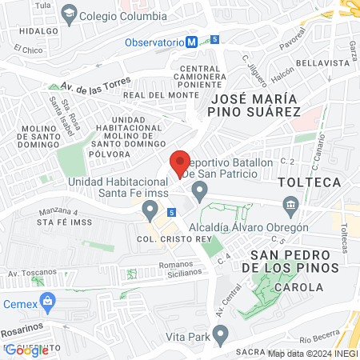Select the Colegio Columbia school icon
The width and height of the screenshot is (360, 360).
pyautogui.click(x=70, y=14)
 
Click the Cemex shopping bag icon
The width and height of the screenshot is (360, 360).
pyautogui.click(x=48, y=303)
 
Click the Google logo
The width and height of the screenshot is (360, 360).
pyautogui.click(x=26, y=349)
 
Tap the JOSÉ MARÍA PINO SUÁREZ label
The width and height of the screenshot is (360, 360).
pyautogui.click(x=254, y=105)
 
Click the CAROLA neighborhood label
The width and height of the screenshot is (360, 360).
pyautogui.click(x=298, y=286)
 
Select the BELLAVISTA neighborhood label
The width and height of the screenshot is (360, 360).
pyautogui.click(x=318, y=62)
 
